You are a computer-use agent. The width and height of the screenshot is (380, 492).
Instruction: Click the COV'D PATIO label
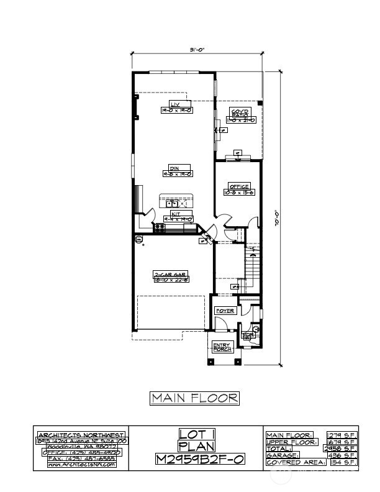point(239,116)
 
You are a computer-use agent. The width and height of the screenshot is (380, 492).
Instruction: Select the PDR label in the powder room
point(248,334)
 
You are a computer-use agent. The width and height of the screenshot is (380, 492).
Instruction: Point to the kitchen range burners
point(160,228)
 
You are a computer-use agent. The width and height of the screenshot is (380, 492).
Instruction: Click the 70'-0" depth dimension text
point(277,218)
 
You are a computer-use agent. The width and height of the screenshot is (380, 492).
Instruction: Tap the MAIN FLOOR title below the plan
point(194,398)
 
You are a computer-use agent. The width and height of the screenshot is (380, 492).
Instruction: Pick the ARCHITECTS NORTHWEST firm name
point(81,435)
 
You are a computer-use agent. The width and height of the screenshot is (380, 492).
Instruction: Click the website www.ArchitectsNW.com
point(81,464)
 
